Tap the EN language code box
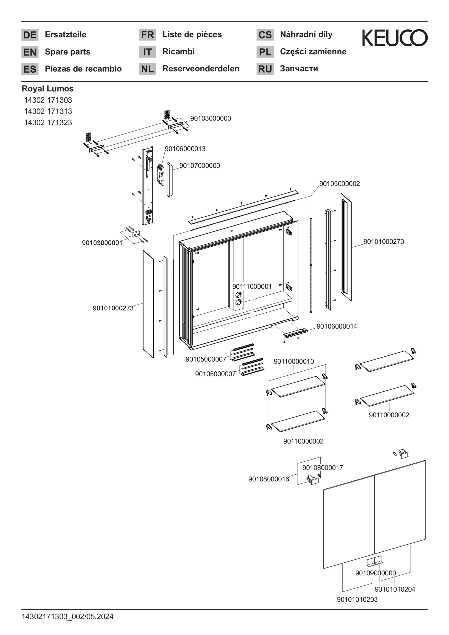30,52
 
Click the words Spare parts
68,52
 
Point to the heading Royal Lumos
47,89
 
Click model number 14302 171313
48,111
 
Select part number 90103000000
210,118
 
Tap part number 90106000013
185,149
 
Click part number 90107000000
199,166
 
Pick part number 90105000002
340,184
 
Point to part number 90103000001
102,243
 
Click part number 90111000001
252,287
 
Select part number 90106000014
337,326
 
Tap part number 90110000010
294,362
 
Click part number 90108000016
269,479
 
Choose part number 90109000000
376,573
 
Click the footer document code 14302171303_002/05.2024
68,616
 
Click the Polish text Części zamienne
313,52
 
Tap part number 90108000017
322,468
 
